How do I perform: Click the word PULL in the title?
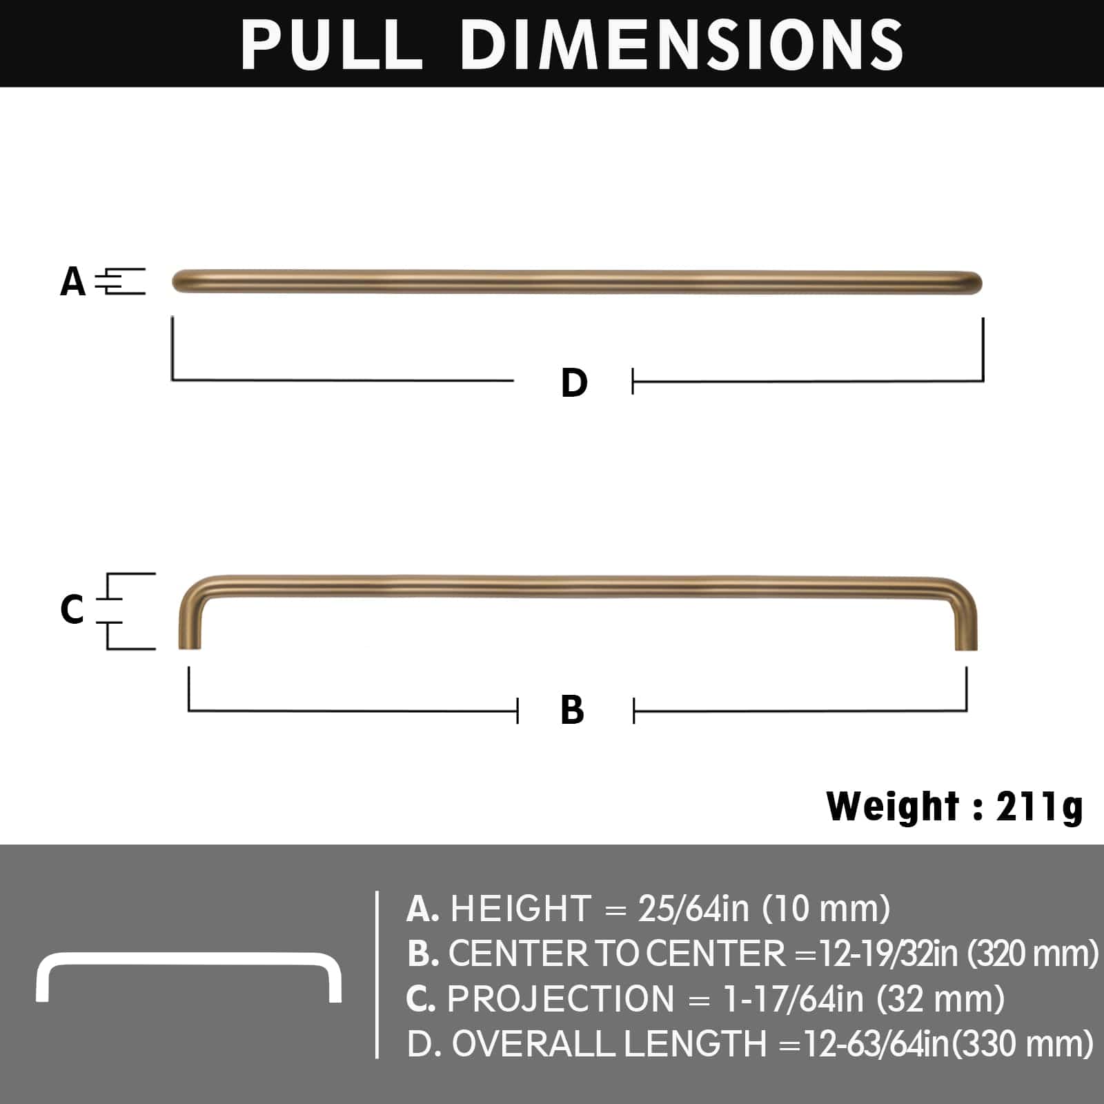click(331, 44)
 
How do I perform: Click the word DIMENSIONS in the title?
click(682, 44)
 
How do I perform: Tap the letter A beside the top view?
click(73, 282)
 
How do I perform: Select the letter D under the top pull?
click(574, 382)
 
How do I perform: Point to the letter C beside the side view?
click(72, 609)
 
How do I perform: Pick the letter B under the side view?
click(573, 710)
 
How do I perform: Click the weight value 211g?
click(1039, 807)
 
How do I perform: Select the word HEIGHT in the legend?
click(521, 909)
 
